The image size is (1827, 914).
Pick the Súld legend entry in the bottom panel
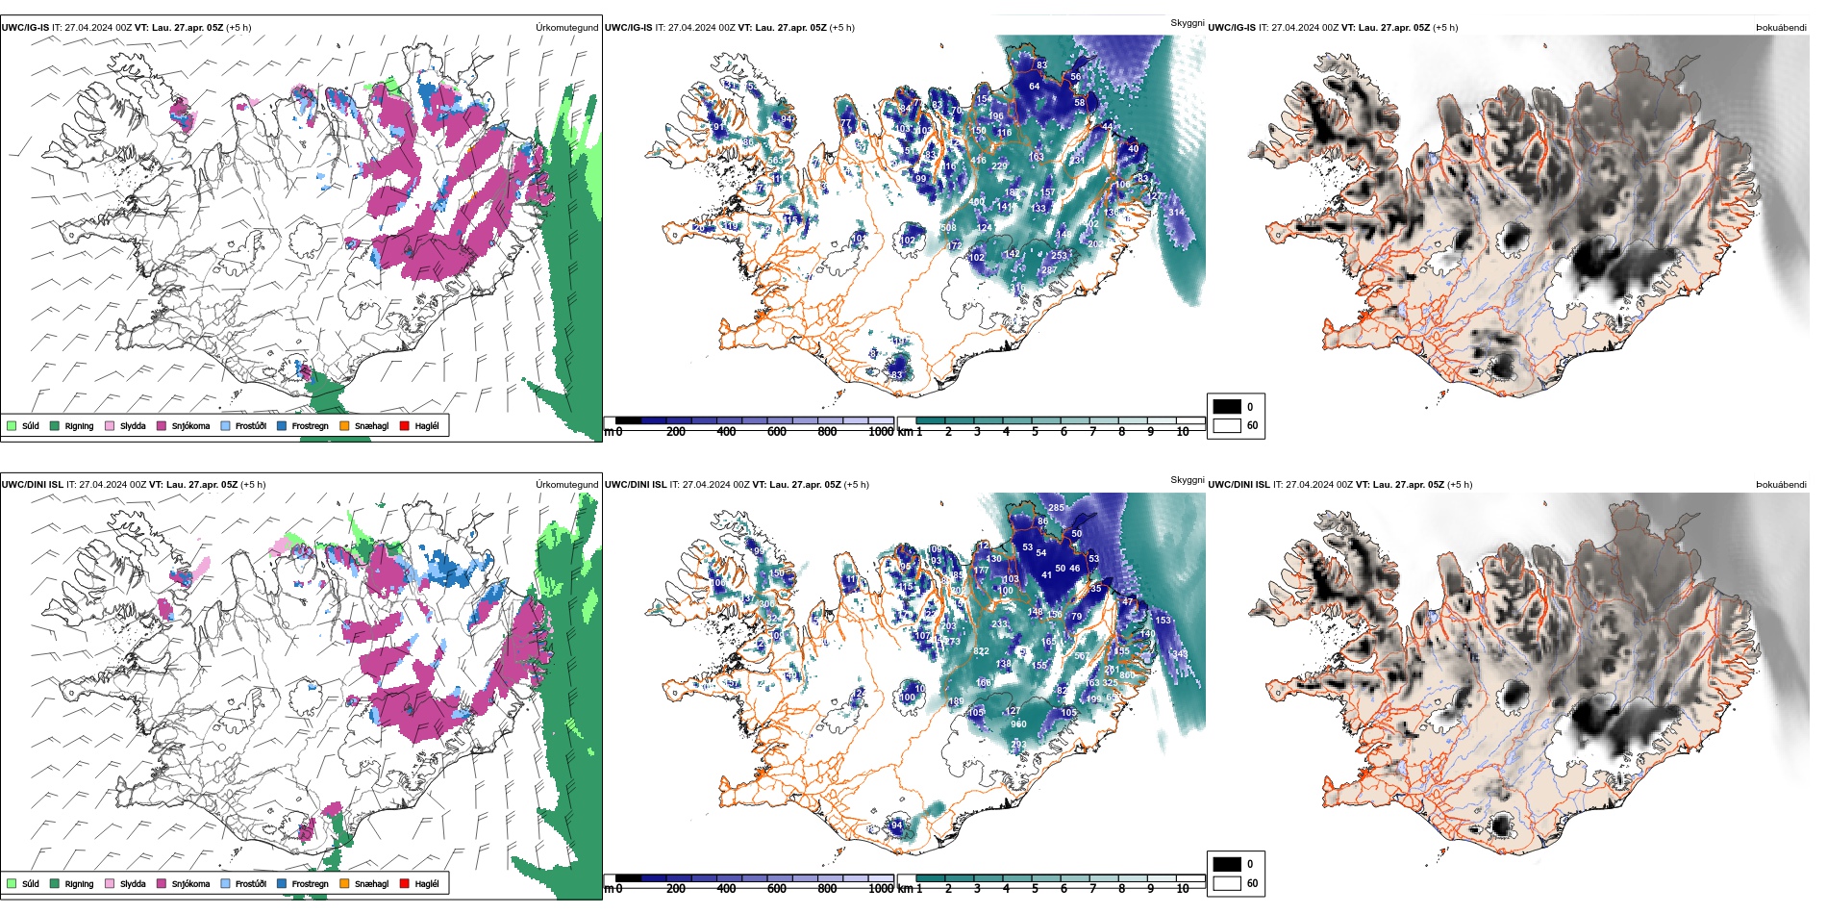pyautogui.click(x=23, y=883)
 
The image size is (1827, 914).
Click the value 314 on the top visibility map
pyautogui.click(x=1177, y=213)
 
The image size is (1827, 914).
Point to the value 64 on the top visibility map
pyautogui.click(x=1035, y=87)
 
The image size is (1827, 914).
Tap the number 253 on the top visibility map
pyautogui.click(x=1059, y=256)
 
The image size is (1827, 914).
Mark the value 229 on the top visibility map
pyautogui.click(x=1000, y=166)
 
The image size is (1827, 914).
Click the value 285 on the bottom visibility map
pyautogui.click(x=1056, y=508)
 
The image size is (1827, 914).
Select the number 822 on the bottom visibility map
pyautogui.click(x=981, y=651)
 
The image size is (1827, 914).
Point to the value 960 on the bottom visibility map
pyautogui.click(x=1018, y=724)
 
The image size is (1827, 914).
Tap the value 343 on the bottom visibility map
pyautogui.click(x=1180, y=654)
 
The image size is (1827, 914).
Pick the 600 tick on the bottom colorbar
pyautogui.click(x=777, y=889)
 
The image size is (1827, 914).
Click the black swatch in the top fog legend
pyautogui.click(x=1227, y=407)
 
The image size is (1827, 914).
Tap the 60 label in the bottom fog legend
pyautogui.click(x=1252, y=883)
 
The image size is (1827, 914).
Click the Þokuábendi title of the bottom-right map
pyautogui.click(x=1781, y=485)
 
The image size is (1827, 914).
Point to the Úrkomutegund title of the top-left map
pyautogui.click(x=566, y=28)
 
